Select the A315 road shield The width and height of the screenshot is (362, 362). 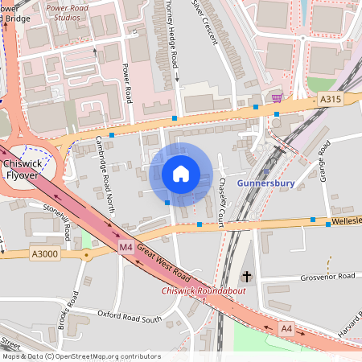tap(331, 99)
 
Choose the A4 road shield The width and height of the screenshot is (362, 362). tap(287, 328)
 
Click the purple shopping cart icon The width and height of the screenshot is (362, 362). tap(277, 98)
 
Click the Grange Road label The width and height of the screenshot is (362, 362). tap(323, 160)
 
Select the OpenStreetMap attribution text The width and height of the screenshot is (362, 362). tap(80, 356)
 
